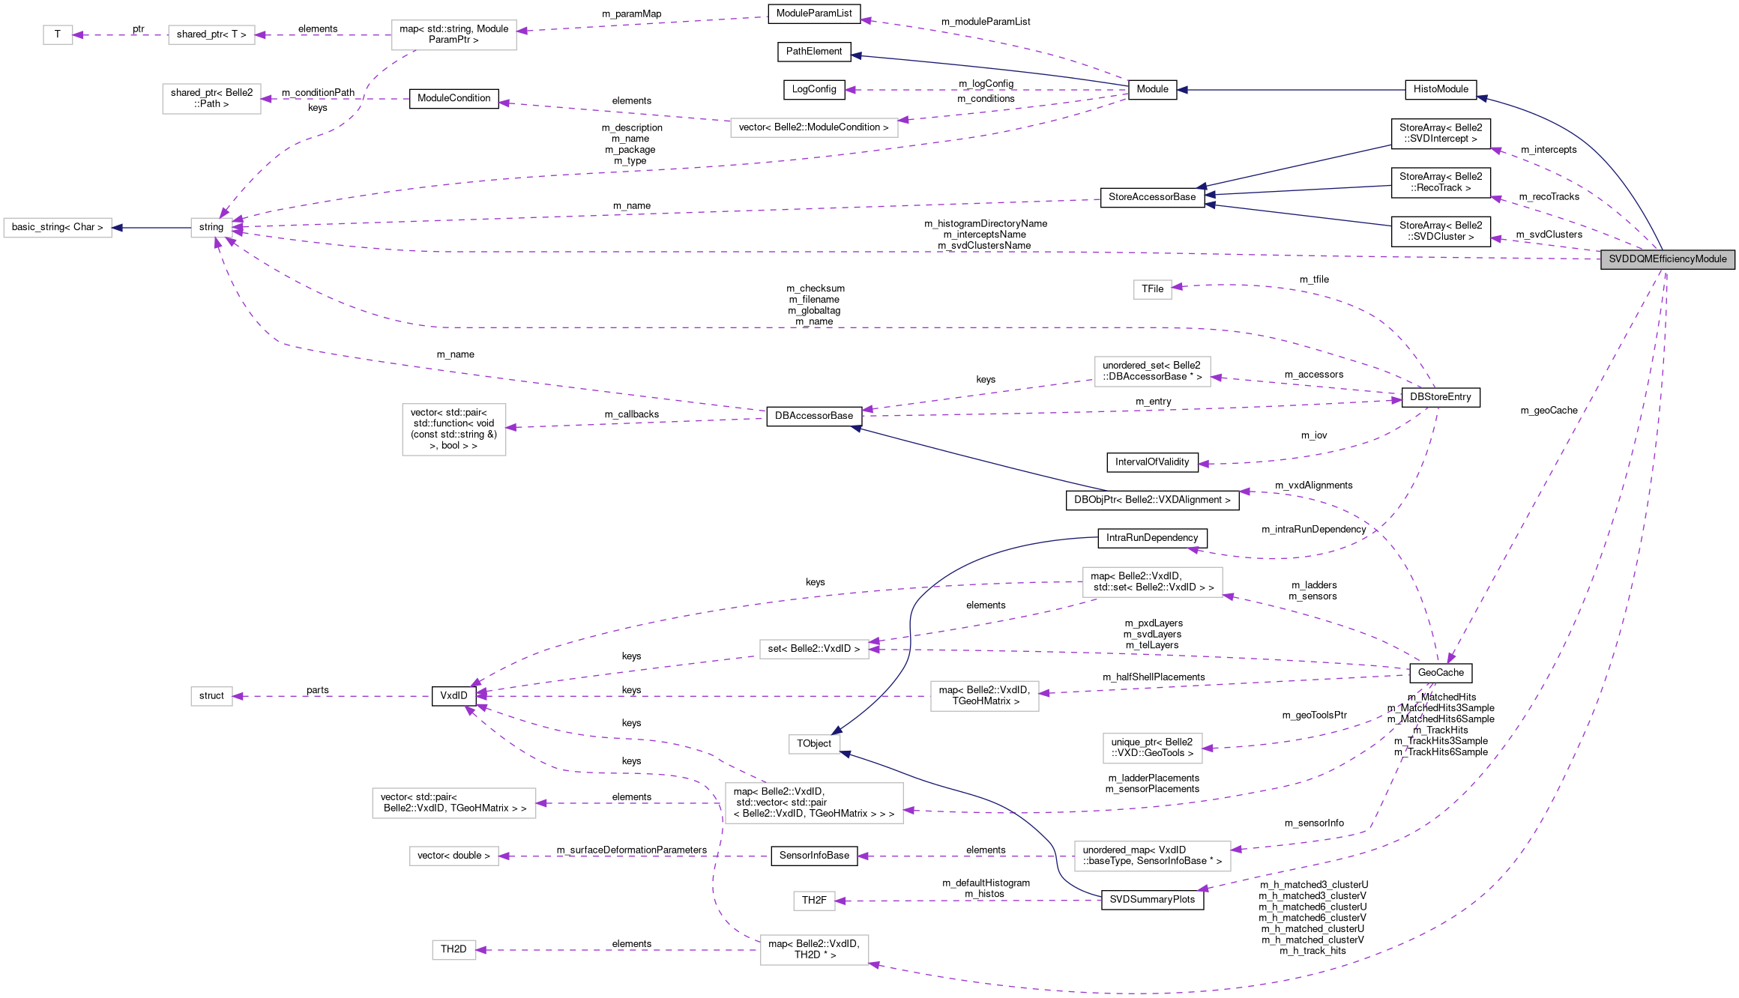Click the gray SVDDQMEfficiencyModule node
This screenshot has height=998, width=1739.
1667,259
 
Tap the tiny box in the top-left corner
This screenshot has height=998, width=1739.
58,35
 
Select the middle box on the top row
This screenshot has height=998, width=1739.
211,35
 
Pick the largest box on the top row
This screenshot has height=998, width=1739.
453,35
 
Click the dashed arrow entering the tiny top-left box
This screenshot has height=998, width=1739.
120,35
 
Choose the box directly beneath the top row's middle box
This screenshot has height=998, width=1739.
211,99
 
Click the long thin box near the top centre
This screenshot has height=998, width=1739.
814,128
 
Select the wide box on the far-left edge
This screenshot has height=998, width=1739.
58,228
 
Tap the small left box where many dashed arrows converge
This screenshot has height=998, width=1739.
211,228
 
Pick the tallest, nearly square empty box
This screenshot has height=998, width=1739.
453,429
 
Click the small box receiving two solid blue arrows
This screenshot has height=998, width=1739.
814,744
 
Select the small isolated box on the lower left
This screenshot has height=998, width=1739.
211,696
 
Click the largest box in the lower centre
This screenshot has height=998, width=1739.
814,803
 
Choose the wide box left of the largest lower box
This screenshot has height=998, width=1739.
453,803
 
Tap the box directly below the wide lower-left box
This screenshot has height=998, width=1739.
453,856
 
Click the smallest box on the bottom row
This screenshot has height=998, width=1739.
453,950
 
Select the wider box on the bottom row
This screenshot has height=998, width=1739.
814,950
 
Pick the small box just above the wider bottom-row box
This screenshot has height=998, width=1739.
814,901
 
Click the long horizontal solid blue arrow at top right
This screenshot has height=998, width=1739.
1289,90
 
